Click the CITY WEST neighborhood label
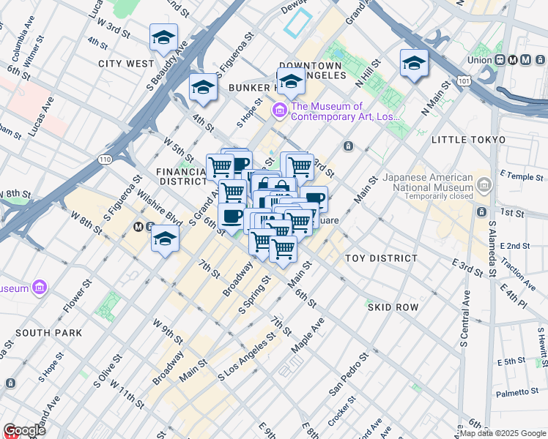[x=126, y=64]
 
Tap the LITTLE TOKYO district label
[x=468, y=139]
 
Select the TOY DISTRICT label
[x=381, y=258]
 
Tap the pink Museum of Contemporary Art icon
[x=279, y=110]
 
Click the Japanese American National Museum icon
[x=483, y=187]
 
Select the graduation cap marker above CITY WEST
[x=164, y=38]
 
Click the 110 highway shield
[x=106, y=158]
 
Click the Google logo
[x=24, y=430]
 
